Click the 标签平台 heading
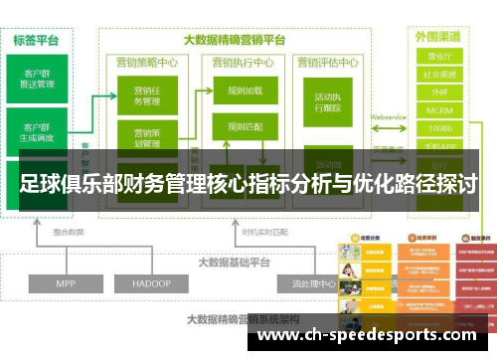tap(37, 41)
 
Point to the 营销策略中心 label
tap(146, 63)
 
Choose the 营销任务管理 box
tap(146, 95)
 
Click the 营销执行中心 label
tap(244, 63)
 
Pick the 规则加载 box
tap(244, 90)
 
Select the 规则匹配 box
tap(244, 127)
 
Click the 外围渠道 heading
tap(438, 37)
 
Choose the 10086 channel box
tap(438, 128)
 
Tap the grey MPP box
tap(66, 283)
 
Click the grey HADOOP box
tap(153, 283)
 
